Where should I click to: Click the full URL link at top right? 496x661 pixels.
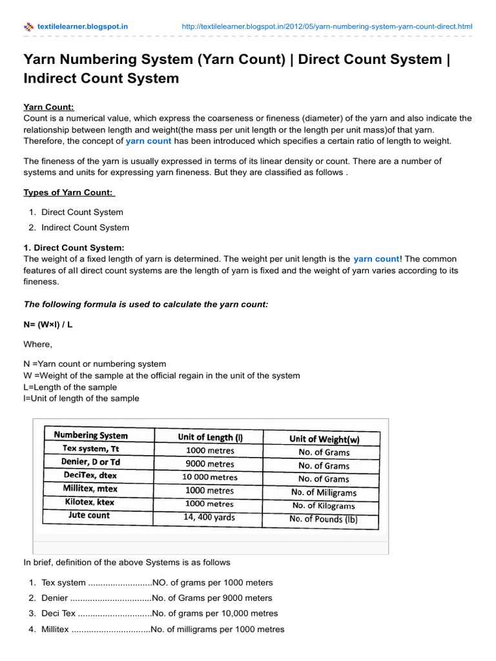point(327,26)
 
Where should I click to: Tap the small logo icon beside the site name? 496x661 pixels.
point(28,27)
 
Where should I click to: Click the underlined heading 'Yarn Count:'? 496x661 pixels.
point(48,107)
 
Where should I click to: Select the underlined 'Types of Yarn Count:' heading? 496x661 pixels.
point(68,192)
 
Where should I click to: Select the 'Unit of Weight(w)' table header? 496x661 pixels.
point(324,439)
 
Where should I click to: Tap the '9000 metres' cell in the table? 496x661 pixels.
point(210,464)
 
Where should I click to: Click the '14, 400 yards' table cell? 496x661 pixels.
point(210,517)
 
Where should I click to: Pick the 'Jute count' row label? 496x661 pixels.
point(89,515)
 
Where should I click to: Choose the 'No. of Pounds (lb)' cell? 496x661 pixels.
point(324,519)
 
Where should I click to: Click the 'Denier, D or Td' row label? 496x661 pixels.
point(90,462)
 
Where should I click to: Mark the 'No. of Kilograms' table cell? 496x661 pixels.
point(324,505)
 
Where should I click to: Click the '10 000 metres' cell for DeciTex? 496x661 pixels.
point(210,478)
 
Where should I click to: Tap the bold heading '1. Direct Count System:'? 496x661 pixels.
point(74,247)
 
